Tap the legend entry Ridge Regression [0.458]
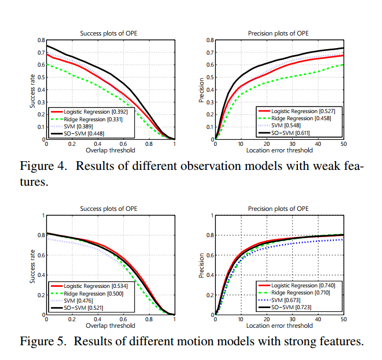click(x=298, y=119)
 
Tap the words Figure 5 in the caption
click(x=42, y=342)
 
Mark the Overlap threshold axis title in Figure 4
click(x=110, y=150)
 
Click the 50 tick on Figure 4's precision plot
click(x=343, y=144)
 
